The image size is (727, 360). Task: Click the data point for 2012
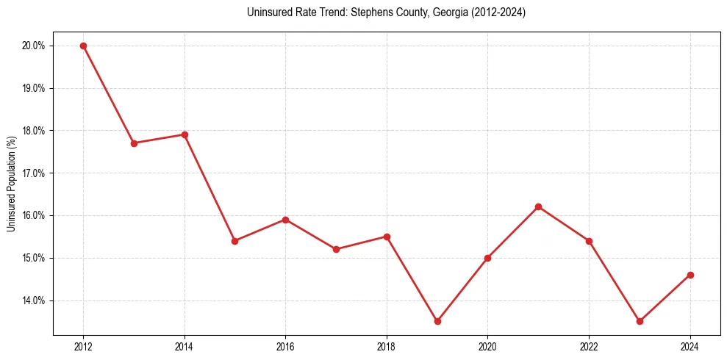(83, 46)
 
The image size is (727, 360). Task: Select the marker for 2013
(134, 143)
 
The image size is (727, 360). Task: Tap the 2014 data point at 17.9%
(185, 134)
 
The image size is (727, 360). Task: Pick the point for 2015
(234, 241)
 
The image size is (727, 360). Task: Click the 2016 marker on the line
(285, 220)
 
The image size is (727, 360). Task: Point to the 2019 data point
(437, 321)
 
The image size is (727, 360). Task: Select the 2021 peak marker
(538, 206)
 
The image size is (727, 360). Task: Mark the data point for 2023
(640, 321)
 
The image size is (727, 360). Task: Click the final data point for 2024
(690, 275)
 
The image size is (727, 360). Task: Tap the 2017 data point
(336, 249)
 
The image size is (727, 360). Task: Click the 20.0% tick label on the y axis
(34, 46)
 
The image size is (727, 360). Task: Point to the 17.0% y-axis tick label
(34, 173)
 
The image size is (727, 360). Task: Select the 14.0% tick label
(34, 300)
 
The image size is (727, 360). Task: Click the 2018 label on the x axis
(387, 347)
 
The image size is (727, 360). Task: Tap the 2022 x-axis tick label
(589, 347)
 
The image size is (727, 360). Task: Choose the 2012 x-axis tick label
(83, 347)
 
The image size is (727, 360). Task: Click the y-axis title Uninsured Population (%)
(12, 184)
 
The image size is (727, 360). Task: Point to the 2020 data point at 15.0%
(487, 258)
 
